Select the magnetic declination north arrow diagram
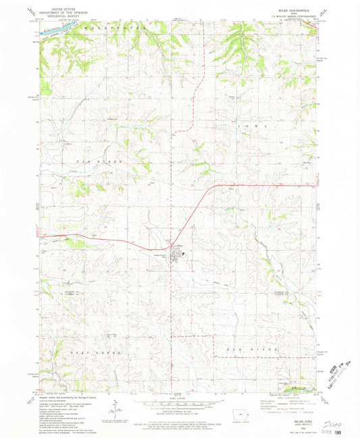click(x=115, y=405)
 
